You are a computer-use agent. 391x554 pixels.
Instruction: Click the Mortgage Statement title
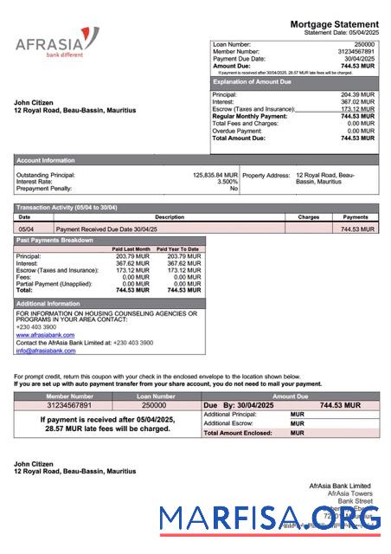coord(333,24)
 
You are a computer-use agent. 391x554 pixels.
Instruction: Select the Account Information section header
coord(46,160)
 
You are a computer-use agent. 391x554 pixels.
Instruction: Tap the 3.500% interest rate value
coord(227,182)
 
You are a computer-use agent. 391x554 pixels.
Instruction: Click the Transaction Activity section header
coord(67,208)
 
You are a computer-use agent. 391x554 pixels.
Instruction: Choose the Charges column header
coord(308,217)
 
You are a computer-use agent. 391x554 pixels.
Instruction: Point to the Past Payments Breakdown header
coord(54,239)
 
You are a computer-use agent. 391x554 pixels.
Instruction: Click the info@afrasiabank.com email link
coord(45,351)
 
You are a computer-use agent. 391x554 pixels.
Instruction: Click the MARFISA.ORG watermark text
coord(269,519)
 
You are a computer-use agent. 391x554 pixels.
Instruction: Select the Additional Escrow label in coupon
coord(228,423)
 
